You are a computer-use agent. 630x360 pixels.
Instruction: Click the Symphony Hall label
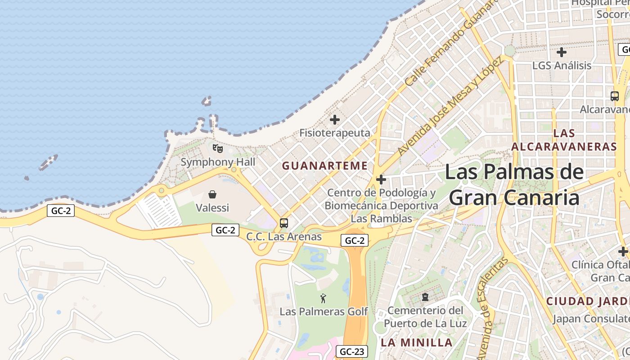point(218,162)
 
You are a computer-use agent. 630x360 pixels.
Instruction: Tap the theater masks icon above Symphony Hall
point(218,148)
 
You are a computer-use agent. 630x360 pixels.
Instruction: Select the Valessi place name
point(212,208)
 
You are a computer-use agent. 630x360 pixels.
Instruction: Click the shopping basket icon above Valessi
point(212,194)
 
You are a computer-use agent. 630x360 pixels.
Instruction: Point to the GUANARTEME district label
point(325,166)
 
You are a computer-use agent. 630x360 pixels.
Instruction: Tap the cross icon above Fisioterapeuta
point(335,120)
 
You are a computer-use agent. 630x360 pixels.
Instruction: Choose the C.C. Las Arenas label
point(284,237)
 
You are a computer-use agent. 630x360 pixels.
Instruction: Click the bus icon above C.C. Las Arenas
point(284,223)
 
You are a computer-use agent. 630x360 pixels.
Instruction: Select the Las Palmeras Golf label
point(324,311)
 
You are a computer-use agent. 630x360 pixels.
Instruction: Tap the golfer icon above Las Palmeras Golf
point(323,298)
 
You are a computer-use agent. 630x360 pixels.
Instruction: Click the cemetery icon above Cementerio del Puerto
point(425,297)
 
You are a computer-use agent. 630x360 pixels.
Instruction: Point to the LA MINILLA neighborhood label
point(417,342)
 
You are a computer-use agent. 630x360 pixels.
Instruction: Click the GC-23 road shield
point(351,351)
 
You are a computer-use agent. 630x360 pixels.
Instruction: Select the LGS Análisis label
point(562,66)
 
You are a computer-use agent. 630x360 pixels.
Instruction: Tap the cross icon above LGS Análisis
point(562,52)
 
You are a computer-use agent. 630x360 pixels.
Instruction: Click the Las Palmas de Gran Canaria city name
point(514,185)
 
